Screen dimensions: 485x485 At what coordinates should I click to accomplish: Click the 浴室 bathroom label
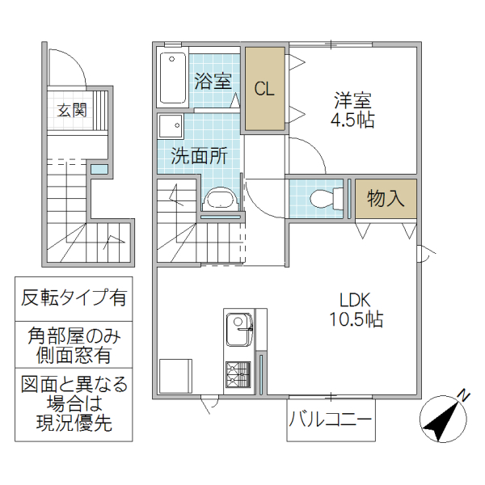213,81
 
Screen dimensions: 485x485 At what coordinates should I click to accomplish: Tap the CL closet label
265,88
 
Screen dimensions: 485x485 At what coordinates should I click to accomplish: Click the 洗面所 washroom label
198,156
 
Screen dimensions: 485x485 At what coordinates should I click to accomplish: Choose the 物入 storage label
386,198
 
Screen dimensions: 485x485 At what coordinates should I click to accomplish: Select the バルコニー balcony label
331,421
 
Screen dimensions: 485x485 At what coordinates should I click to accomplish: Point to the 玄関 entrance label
72,110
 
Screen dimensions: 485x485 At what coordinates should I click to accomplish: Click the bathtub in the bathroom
172,78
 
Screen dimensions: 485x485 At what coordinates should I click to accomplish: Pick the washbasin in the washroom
218,199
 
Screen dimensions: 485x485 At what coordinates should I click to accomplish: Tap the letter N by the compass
464,395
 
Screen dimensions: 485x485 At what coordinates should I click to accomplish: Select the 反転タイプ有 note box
74,298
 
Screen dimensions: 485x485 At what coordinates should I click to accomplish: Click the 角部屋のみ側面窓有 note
74,344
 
